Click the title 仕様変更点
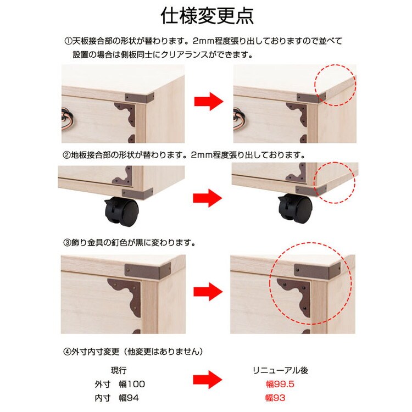(207, 16)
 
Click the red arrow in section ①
(209, 101)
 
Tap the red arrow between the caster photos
(207, 198)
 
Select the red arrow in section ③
(208, 291)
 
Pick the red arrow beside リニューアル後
(208, 380)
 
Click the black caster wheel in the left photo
(121, 211)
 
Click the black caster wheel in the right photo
(296, 209)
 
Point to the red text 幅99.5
(280, 384)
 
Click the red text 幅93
(275, 398)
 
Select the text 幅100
(132, 384)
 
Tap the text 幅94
(129, 398)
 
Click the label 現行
(119, 370)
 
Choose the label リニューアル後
(280, 370)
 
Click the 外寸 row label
(103, 384)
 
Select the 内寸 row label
(103, 398)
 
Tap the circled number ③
(67, 242)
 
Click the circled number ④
(67, 352)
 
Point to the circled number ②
(67, 155)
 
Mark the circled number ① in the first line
(68, 41)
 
